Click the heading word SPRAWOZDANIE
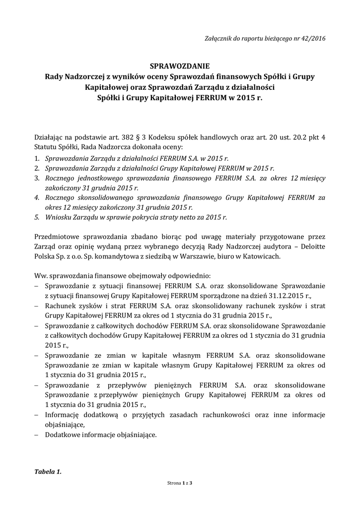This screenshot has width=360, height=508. (x=180, y=66)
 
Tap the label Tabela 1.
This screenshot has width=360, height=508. (x=48, y=472)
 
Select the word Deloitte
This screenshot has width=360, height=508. (x=310, y=247)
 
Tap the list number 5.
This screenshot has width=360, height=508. (x=37, y=217)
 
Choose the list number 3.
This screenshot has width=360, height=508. (x=37, y=178)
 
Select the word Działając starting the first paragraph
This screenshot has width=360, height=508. (x=51, y=137)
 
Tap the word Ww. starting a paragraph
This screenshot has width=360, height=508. (x=41, y=276)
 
